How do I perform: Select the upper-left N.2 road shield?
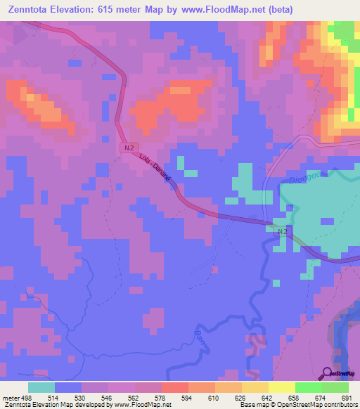click(x=127, y=148)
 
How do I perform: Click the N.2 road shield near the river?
click(x=282, y=231)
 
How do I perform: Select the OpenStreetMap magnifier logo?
click(x=327, y=372)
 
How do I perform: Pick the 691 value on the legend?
click(x=346, y=397)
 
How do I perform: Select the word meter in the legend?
click(x=8, y=397)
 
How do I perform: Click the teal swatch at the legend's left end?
click(x=41, y=387)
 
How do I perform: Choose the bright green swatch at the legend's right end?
click(x=335, y=387)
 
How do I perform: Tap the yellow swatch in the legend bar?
click(x=282, y=387)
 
